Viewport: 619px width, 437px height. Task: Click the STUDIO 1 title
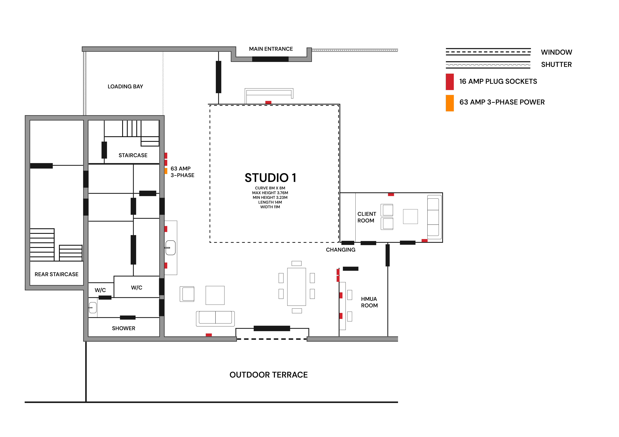coord(270,178)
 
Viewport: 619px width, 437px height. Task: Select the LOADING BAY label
coord(125,86)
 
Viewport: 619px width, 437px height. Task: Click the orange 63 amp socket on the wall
coord(166,171)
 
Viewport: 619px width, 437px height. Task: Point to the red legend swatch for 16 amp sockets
coord(450,82)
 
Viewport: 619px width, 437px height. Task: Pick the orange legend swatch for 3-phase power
coord(450,103)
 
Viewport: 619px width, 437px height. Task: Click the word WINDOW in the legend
coord(556,52)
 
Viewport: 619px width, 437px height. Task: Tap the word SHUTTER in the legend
coord(556,65)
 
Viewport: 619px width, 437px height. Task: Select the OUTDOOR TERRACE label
coord(269,375)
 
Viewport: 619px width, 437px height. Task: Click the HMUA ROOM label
coord(369,302)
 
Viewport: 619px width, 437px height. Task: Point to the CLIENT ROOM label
coord(367,217)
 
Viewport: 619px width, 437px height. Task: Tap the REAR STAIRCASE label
coord(57,274)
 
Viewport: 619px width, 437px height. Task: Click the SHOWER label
coord(124,328)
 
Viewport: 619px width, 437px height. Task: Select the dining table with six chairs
coord(297,287)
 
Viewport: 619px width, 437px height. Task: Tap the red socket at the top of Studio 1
coord(268,102)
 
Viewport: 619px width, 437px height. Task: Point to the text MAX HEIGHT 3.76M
coord(270,193)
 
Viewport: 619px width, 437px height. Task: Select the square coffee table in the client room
coord(410,217)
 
